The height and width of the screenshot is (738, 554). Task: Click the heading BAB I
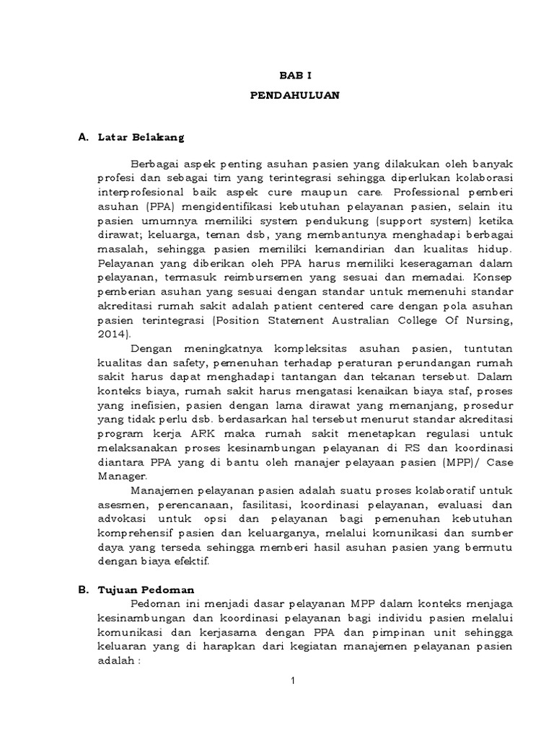click(294, 74)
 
